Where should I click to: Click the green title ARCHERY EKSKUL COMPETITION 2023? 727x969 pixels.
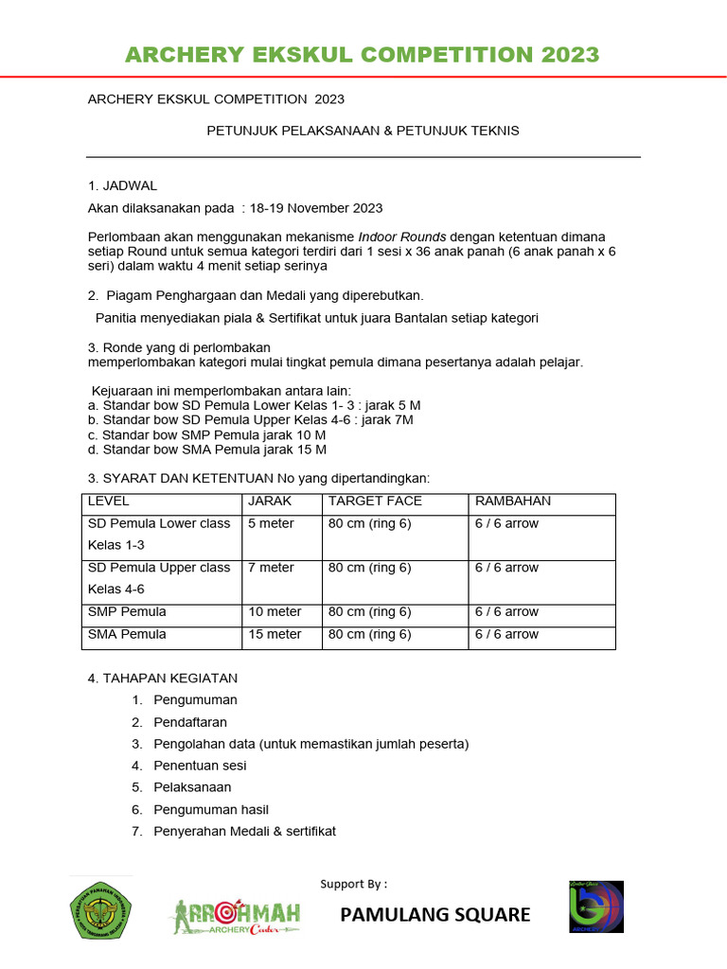(x=363, y=54)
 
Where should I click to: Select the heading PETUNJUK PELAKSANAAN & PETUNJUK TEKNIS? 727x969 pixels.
(x=363, y=131)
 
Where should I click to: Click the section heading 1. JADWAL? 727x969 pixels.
(x=122, y=185)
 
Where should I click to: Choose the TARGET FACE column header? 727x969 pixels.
(x=375, y=501)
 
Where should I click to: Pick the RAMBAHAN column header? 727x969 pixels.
(x=512, y=501)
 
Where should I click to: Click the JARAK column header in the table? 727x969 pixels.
(x=270, y=501)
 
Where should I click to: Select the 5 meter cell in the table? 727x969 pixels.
(x=271, y=523)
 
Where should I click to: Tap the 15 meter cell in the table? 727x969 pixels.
(x=275, y=634)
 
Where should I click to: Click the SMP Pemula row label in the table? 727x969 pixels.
(x=127, y=611)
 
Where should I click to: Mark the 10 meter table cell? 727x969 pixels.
(x=275, y=611)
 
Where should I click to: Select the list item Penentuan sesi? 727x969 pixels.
(x=193, y=766)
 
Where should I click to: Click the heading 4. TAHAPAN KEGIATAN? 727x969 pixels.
(x=163, y=678)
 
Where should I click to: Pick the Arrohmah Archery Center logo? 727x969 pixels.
(x=236, y=915)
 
